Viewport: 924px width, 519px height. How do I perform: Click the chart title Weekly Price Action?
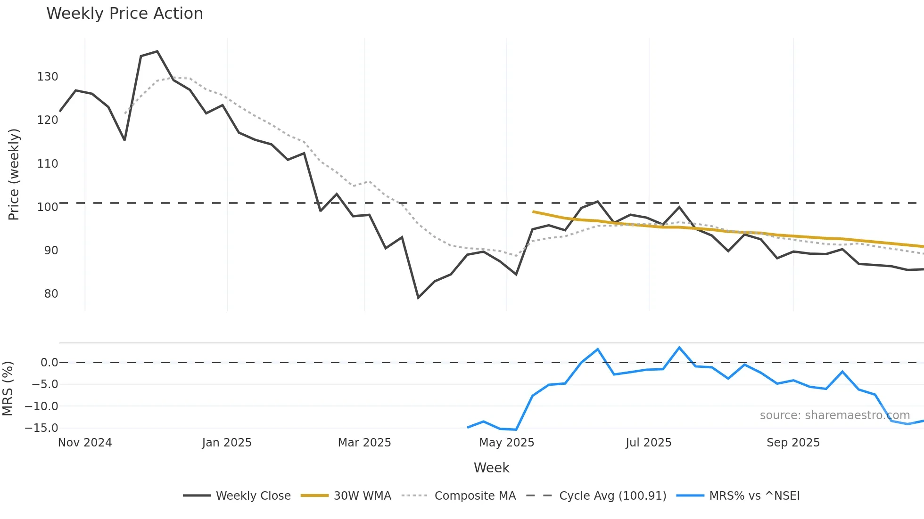(124, 14)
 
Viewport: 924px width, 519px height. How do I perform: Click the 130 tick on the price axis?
(48, 77)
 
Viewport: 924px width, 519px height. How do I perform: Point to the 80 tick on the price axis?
(51, 294)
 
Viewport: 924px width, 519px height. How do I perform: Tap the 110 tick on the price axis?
(48, 164)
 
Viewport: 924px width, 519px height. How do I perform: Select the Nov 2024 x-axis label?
(85, 443)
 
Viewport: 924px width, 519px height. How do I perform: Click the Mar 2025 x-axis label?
(364, 443)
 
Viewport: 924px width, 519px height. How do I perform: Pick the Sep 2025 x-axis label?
(793, 443)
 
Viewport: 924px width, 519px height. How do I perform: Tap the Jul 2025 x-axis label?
(648, 443)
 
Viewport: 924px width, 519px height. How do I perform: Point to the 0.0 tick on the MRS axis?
(49, 363)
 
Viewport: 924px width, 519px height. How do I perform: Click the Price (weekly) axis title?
(14, 174)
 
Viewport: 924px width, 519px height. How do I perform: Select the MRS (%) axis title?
(8, 389)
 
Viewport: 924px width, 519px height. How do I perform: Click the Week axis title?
(491, 468)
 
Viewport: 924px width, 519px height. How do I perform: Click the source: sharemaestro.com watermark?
(834, 415)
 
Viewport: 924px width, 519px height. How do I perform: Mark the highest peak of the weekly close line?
(157, 51)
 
